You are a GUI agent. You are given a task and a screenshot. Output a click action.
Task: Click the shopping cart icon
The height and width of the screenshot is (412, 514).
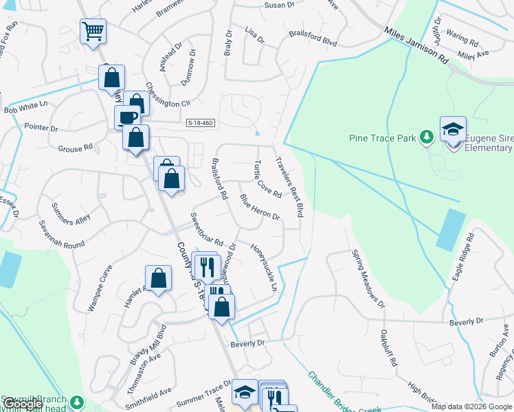(93, 30)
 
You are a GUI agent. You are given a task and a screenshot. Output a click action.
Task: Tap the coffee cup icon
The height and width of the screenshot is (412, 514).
(127, 117)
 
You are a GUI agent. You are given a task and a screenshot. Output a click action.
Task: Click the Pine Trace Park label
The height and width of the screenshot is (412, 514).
(382, 138)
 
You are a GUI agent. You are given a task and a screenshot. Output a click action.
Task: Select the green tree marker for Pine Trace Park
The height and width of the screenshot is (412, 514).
(427, 137)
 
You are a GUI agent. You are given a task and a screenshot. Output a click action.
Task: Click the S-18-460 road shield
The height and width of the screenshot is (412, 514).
(201, 123)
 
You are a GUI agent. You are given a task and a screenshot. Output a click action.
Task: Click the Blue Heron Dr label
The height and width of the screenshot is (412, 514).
(260, 207)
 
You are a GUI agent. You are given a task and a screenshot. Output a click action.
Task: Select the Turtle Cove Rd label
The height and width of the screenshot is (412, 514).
(267, 180)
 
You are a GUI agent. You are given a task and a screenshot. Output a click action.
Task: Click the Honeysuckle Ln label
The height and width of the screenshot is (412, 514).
(264, 267)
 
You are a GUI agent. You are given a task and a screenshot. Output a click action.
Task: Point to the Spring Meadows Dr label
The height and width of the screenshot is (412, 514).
(368, 279)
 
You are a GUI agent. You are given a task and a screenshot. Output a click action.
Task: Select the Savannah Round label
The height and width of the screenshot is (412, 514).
(62, 235)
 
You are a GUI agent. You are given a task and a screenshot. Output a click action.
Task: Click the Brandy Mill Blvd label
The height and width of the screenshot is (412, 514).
(149, 344)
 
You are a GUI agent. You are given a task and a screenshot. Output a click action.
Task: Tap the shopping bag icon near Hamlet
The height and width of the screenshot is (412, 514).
(158, 278)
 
